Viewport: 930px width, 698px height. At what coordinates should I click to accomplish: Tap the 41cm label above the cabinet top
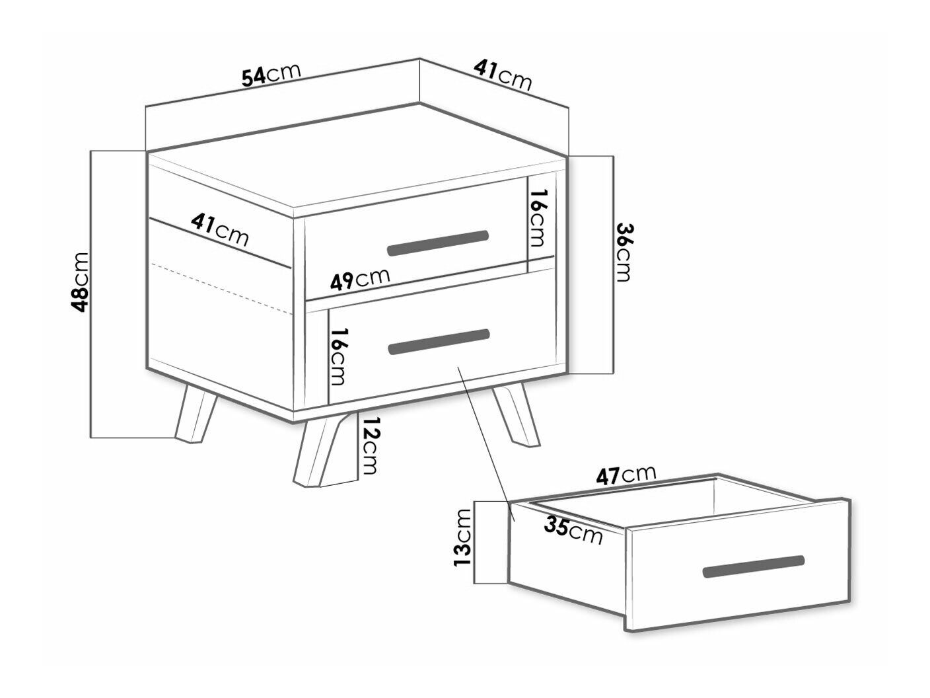point(503,76)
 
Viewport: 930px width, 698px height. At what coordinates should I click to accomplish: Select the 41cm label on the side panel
point(219,230)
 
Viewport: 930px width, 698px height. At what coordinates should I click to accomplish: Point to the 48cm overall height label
point(80,282)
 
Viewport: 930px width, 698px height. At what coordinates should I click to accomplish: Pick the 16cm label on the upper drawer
point(537,218)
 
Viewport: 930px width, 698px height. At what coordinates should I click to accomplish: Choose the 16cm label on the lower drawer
point(338,356)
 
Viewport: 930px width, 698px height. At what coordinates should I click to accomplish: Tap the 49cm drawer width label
point(360,280)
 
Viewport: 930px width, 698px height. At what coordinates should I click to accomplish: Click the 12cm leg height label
point(368,446)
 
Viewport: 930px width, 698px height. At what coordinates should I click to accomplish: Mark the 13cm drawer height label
point(462,537)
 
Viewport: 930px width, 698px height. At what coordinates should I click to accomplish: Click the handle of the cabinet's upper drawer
point(438,243)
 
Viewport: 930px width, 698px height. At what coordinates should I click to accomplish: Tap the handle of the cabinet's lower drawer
point(439,341)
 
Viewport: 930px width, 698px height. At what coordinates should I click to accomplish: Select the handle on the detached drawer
point(754,566)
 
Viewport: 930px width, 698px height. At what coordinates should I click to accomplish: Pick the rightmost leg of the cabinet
point(516,415)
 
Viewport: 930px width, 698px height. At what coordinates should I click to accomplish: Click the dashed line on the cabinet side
point(221,289)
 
